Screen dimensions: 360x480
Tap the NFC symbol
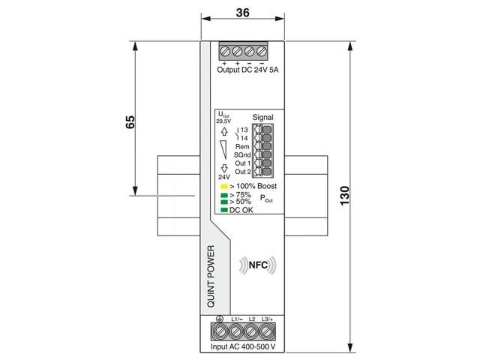[256, 265]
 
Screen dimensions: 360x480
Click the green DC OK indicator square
[223, 209]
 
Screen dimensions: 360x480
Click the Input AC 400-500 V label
[247, 347]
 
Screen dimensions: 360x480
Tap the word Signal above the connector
[262, 118]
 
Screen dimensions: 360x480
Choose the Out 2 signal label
[243, 172]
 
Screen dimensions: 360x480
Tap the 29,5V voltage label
[223, 120]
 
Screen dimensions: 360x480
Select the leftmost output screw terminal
[224, 52]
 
